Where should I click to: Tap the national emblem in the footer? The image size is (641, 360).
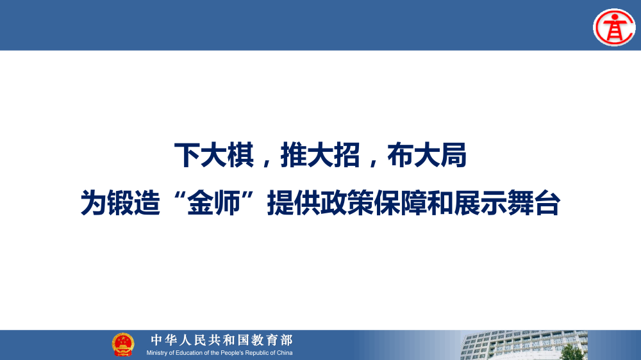coord(123,344)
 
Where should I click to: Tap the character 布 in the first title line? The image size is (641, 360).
coord(401,156)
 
